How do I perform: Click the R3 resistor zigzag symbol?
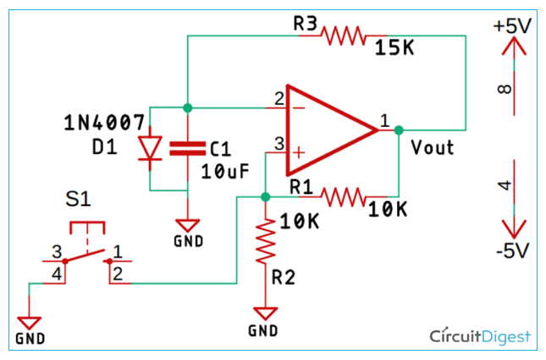coord(343,36)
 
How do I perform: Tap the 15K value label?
coord(394,47)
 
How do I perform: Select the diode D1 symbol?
coord(150,148)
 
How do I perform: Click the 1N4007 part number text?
coord(104,122)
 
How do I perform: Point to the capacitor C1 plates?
coord(187,148)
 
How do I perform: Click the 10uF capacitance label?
coord(225,171)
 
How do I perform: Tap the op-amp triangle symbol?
coord(332,130)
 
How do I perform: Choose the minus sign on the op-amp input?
coord(299,108)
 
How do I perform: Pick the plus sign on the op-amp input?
coord(299,152)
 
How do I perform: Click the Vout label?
coord(433,147)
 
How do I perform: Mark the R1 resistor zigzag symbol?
coord(343,197)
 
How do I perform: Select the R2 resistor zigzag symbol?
coord(265,241)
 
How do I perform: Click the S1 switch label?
coord(78,199)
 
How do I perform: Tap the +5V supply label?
coord(512,25)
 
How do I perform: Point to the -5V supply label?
coord(513,250)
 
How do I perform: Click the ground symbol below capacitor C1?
coord(188,225)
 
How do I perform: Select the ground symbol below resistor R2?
coord(265,313)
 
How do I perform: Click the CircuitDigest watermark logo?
coord(480,336)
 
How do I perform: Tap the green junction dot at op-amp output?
coord(399,130)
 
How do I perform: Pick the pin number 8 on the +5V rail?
coord(505,89)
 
